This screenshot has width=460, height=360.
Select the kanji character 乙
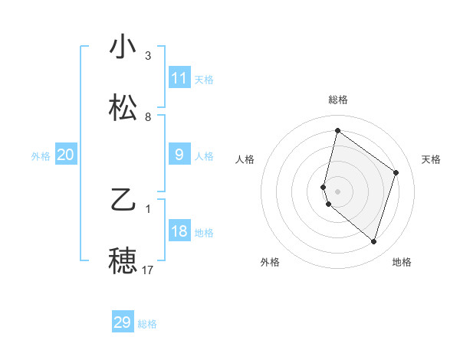123,201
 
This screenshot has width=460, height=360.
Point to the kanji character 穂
123,261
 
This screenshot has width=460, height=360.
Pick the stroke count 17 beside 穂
148,270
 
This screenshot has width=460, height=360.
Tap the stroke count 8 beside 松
148,117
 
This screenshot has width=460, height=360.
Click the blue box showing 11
179,78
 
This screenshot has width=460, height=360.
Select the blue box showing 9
179,155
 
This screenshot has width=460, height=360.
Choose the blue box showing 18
179,231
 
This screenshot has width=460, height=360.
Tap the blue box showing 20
65,155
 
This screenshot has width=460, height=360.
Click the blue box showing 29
123,322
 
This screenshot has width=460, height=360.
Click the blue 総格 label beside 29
147,324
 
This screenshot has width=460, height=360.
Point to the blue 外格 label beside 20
41,156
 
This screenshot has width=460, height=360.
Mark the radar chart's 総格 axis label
338,100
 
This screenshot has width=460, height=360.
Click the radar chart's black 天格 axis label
431,159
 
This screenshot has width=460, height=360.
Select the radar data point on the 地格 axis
373,242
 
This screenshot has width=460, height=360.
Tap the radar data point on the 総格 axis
337,130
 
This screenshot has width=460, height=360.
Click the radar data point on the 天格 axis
396,172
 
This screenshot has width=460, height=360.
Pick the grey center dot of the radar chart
338,191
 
